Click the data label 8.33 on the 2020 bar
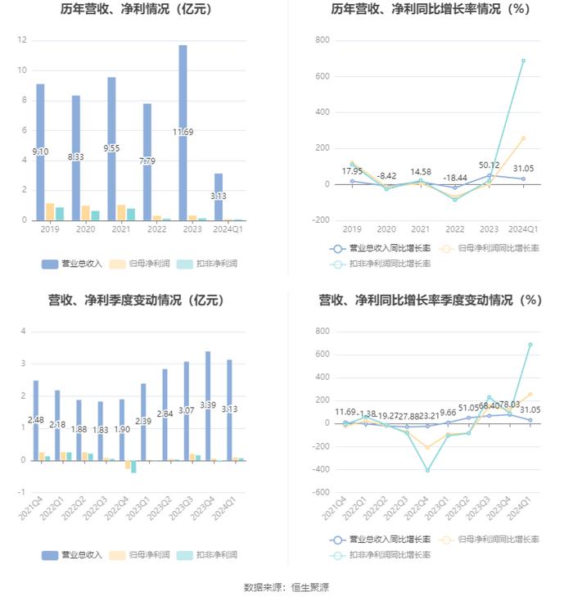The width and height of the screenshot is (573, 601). pyautogui.click(x=76, y=156)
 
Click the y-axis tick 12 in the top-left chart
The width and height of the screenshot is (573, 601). pyautogui.click(x=22, y=40)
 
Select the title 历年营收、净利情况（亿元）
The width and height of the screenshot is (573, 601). pyautogui.click(x=137, y=10)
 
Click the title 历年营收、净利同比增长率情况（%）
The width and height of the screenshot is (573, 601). pyautogui.click(x=430, y=10)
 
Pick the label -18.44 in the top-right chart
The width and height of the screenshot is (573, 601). pyautogui.click(x=454, y=178)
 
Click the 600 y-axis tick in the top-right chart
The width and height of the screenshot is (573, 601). pyautogui.click(x=322, y=76)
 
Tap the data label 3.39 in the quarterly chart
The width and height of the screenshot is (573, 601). pyautogui.click(x=208, y=405)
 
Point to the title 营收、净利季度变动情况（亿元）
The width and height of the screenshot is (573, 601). pyautogui.click(x=137, y=300)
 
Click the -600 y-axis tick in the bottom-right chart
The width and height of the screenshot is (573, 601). pyautogui.click(x=320, y=492)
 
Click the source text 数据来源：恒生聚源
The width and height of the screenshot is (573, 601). pyautogui.click(x=286, y=587)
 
